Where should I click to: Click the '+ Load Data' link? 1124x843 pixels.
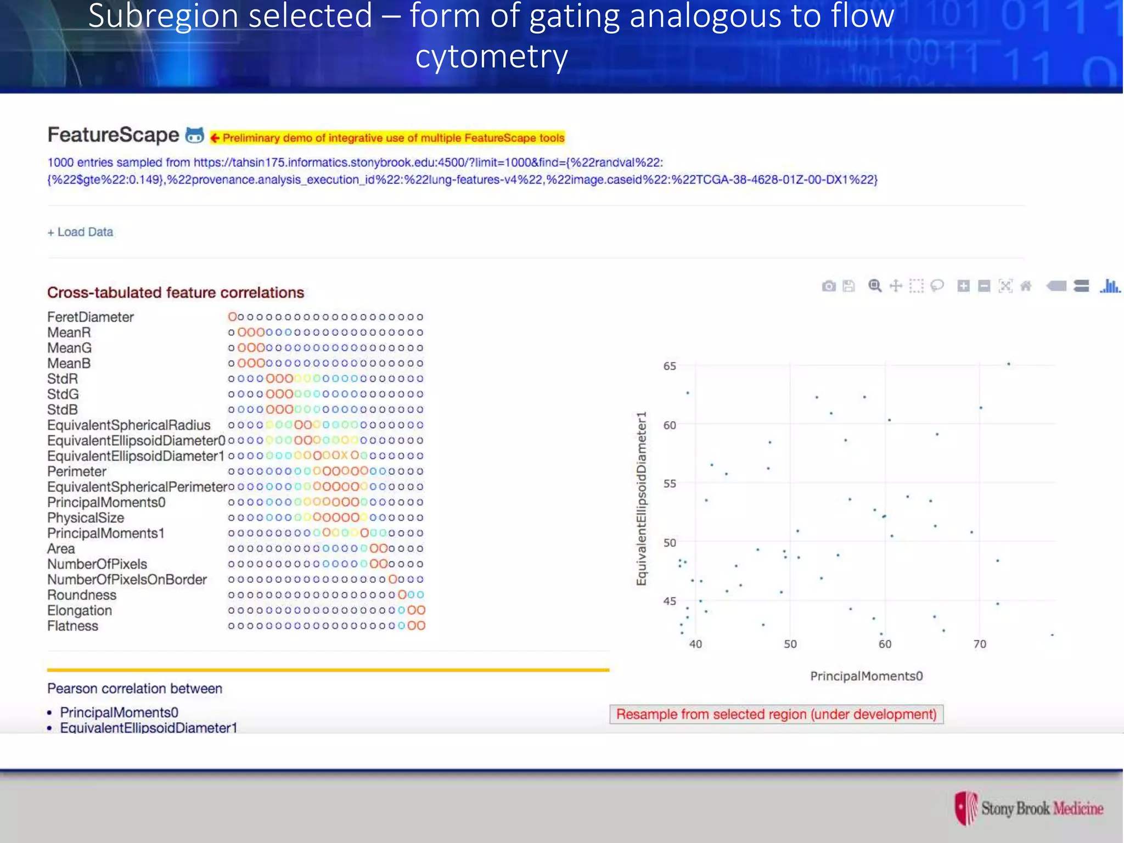click(x=80, y=232)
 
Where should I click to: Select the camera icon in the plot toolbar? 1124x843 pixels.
click(x=829, y=286)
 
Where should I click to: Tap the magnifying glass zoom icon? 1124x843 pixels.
click(x=875, y=286)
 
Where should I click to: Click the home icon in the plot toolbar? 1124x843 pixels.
click(x=1026, y=286)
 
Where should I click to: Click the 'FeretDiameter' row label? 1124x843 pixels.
click(x=91, y=317)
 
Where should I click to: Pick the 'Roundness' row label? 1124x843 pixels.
click(x=82, y=595)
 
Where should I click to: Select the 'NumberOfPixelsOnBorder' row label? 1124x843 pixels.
click(x=127, y=580)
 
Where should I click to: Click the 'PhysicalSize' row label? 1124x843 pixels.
click(x=86, y=518)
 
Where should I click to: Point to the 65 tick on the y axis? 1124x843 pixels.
click(x=670, y=366)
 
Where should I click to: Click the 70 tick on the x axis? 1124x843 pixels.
click(x=980, y=644)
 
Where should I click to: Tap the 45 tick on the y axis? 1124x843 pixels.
click(x=670, y=602)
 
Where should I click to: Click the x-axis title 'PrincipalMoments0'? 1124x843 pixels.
click(x=867, y=676)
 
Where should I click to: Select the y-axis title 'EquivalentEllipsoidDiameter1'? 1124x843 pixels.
click(x=641, y=498)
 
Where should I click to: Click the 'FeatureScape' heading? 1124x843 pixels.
click(x=113, y=135)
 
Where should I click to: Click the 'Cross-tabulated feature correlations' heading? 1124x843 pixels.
click(x=176, y=293)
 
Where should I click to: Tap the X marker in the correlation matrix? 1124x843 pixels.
click(x=344, y=456)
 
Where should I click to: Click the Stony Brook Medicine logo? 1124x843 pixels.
click(x=1029, y=808)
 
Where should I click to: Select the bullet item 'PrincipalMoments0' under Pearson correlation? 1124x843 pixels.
click(x=119, y=712)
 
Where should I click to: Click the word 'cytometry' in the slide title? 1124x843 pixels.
click(x=491, y=57)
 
